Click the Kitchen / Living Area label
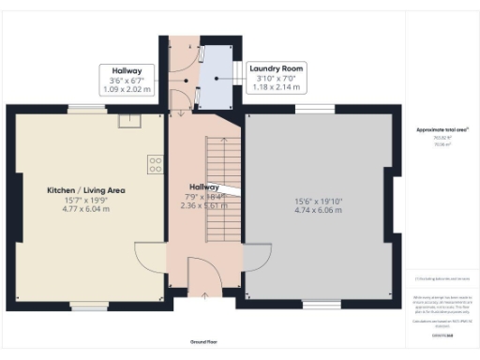86,190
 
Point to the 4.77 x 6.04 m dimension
86,210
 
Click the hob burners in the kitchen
154,165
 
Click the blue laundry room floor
214,75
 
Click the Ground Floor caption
204,342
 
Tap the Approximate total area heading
442,128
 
